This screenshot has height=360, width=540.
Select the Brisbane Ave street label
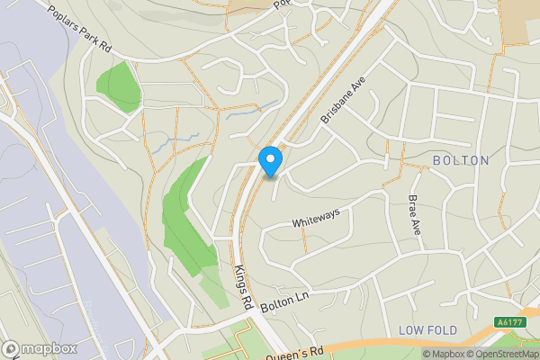point(344,100)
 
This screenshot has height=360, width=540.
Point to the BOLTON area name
point(461,160)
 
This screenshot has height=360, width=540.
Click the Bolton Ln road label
point(284,301)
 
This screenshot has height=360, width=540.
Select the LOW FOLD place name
point(428,329)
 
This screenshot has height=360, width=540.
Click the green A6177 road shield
point(510,321)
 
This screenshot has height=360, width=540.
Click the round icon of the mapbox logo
point(11,348)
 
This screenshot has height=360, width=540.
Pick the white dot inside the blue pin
point(271,158)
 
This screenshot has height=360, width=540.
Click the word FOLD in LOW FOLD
point(442,329)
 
